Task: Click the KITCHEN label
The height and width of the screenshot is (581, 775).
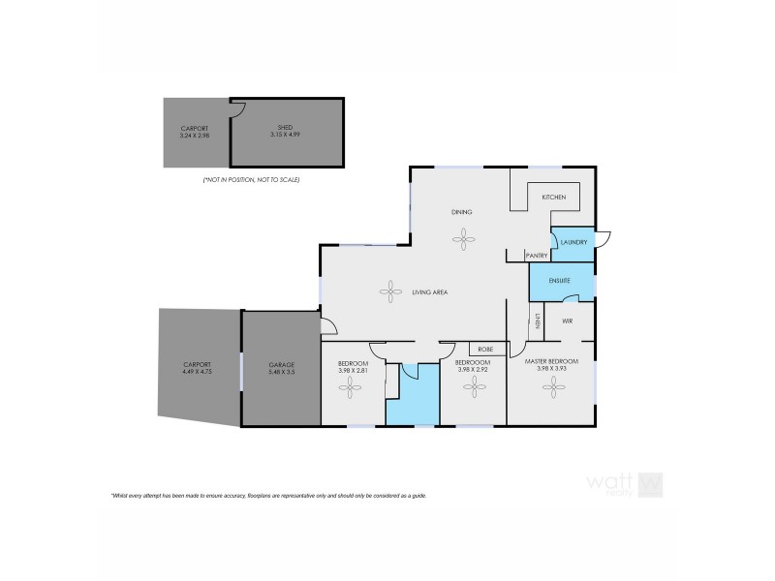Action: (x=553, y=197)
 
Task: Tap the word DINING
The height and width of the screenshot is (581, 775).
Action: (x=461, y=211)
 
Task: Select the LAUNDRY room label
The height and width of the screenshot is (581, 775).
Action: (x=573, y=242)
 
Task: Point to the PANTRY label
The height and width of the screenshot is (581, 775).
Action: (x=537, y=256)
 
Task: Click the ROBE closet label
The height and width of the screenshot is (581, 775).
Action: (x=487, y=349)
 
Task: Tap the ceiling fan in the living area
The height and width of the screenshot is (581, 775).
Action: (x=392, y=289)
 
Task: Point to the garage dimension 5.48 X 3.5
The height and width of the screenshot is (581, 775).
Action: (x=282, y=370)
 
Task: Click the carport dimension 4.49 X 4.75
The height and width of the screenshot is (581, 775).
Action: (x=195, y=370)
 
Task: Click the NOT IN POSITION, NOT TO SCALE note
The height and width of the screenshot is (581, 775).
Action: (x=251, y=180)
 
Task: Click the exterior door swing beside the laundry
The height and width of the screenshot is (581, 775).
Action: (x=603, y=238)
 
